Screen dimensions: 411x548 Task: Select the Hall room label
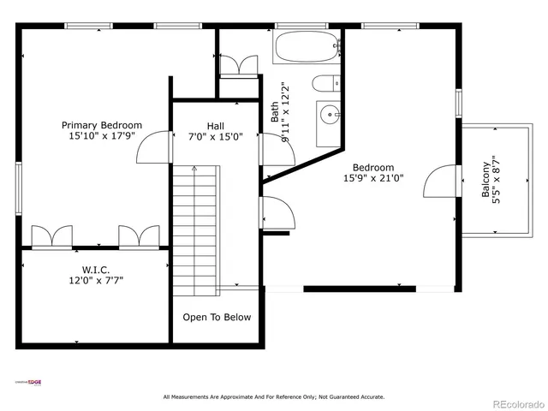click(216, 125)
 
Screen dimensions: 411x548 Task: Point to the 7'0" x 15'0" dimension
click(216, 136)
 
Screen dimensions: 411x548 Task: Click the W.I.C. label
click(96, 269)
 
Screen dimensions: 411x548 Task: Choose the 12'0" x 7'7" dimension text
click(96, 280)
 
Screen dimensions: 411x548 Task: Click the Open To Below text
click(217, 318)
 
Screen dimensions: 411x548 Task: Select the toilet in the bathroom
click(325, 84)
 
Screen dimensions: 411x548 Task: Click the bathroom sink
click(328, 112)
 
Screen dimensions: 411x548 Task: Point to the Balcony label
click(486, 180)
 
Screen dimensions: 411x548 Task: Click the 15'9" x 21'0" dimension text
click(373, 178)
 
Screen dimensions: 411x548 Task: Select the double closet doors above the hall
click(238, 66)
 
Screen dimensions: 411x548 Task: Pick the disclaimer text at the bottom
click(274, 396)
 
